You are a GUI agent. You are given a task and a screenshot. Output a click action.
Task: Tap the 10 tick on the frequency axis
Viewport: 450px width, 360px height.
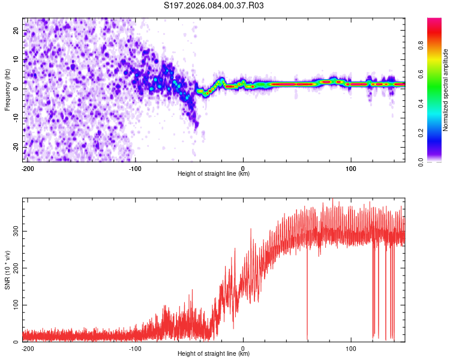(17, 59)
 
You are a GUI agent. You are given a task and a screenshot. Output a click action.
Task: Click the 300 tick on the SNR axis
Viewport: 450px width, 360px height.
(14, 231)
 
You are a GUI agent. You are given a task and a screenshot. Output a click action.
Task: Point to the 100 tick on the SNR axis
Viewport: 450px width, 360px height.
(14, 305)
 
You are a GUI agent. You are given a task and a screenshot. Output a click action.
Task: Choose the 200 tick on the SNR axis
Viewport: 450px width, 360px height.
(14, 268)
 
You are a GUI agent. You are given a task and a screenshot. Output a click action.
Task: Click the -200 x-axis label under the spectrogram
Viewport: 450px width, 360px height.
(28, 168)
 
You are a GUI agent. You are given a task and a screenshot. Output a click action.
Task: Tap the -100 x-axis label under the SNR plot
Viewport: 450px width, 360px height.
(135, 348)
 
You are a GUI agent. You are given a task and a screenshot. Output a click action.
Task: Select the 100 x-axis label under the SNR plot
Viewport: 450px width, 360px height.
(350, 348)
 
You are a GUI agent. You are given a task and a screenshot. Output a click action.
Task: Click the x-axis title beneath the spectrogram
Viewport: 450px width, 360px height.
(214, 174)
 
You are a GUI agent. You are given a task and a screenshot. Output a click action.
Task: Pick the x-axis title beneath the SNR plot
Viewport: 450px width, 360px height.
(214, 354)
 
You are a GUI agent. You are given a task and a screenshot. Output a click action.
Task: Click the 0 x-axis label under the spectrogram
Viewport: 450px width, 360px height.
(243, 168)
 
